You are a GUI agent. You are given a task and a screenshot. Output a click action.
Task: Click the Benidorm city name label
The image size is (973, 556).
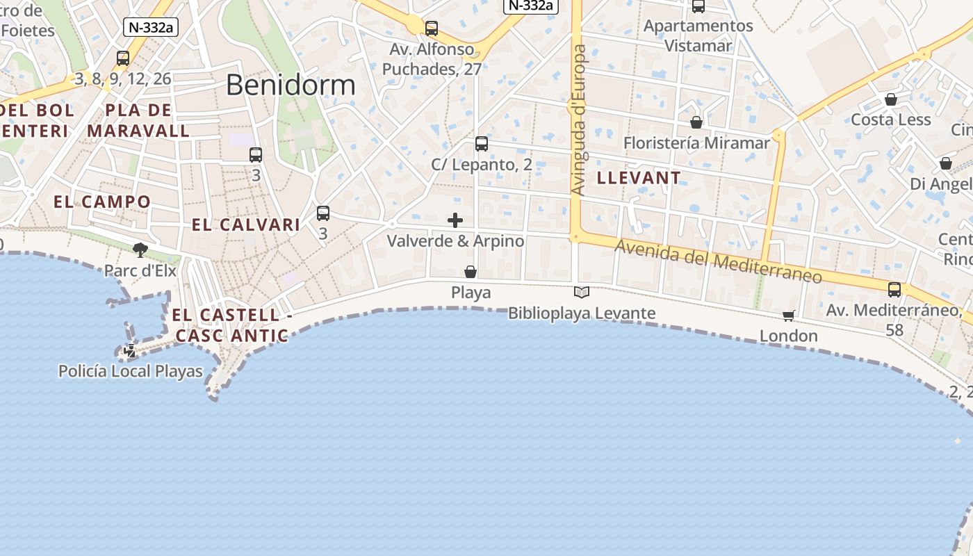point(291,85)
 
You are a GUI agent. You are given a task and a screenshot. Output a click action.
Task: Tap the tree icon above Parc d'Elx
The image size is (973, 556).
point(140,250)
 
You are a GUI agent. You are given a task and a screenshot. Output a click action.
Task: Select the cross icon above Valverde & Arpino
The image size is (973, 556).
point(455,220)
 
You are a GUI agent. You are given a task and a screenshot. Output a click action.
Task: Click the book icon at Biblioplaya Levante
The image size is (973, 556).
point(582,293)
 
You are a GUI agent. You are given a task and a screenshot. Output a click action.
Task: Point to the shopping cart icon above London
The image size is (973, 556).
point(789,316)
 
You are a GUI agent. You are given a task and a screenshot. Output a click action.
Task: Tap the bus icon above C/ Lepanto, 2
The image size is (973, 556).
point(482,144)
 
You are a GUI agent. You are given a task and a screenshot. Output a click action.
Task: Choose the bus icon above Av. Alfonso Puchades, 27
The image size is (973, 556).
point(432,28)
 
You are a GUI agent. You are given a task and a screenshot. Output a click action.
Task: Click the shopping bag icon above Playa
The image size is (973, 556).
point(471,272)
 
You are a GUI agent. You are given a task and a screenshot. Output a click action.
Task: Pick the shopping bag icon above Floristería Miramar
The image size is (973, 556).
point(696,122)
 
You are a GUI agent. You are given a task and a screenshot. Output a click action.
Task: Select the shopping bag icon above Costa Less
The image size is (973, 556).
point(891,99)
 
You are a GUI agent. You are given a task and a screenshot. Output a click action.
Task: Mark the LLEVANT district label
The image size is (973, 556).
point(639,178)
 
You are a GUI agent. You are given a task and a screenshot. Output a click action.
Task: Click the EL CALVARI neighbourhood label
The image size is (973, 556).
point(246,225)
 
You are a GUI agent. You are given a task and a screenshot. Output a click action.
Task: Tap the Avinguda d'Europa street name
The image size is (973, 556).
point(579,120)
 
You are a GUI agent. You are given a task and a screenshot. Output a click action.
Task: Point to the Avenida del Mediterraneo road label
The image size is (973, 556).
point(718,262)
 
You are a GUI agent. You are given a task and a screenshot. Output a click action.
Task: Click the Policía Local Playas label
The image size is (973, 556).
point(131,371)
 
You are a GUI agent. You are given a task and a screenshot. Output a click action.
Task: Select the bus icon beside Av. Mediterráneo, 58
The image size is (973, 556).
point(894,290)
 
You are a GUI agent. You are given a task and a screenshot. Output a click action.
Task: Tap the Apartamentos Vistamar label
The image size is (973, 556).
point(698,35)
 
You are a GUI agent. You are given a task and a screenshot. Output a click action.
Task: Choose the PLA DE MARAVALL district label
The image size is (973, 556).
point(138,120)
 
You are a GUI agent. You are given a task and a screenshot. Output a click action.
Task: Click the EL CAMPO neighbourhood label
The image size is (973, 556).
point(102,202)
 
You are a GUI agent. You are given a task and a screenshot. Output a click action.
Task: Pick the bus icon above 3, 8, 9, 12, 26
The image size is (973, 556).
point(123,58)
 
